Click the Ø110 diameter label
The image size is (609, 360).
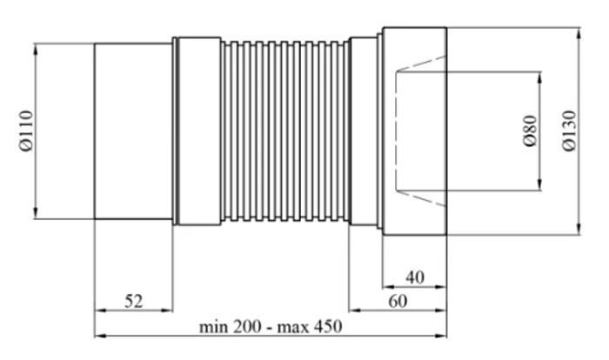26,131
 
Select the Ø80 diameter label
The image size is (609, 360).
530,130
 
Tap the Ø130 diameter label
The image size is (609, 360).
569,131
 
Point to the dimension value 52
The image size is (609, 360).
134,301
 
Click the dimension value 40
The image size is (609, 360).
415,277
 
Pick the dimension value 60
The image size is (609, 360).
398,301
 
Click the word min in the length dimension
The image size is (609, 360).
214,326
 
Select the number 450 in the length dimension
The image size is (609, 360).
328,326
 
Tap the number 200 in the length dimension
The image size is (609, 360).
247,326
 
